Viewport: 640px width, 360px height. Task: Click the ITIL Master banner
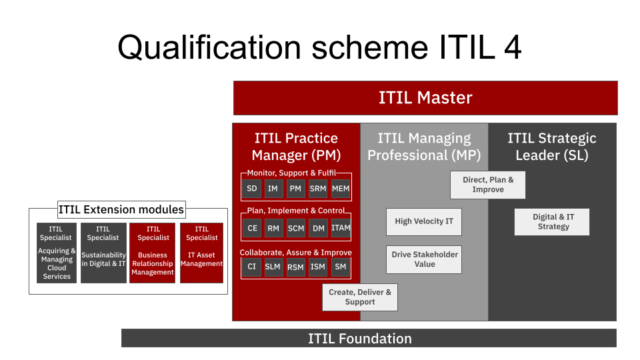tap(425, 98)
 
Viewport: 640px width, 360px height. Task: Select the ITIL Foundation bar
tap(369, 338)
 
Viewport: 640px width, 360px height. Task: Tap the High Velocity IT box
tap(424, 221)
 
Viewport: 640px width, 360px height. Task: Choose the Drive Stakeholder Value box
tap(424, 259)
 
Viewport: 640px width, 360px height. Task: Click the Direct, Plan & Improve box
tap(488, 185)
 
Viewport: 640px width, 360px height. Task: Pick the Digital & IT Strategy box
tap(552, 222)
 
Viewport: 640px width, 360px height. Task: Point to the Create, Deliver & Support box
tap(360, 297)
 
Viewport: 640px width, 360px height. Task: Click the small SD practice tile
tap(252, 189)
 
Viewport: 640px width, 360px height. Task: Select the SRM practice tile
tap(318, 189)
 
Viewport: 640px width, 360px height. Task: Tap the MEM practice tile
tap(341, 189)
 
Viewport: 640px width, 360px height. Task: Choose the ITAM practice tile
tap(341, 228)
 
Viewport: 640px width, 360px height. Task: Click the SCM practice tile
tap(296, 228)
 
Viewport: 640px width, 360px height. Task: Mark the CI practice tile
tap(252, 267)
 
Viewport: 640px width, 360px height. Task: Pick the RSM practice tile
tap(296, 267)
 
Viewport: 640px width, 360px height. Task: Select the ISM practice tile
tap(318, 267)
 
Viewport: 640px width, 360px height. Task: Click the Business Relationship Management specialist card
tap(153, 253)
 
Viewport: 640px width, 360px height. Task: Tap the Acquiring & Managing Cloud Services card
tap(57, 253)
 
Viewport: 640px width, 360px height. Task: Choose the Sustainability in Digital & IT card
tap(103, 253)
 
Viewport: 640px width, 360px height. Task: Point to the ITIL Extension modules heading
tap(121, 209)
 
